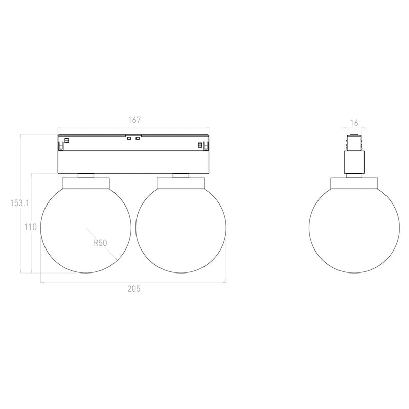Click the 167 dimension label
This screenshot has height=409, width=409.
coord(134,120)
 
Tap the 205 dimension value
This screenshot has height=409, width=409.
coord(134,289)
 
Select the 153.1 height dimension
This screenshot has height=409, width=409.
coord(19,203)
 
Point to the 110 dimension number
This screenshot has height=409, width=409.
coord(31,227)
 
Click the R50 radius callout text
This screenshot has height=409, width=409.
coord(100,243)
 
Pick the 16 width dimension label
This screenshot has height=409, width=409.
coord(354,123)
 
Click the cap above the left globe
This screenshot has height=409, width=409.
coord(86,183)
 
